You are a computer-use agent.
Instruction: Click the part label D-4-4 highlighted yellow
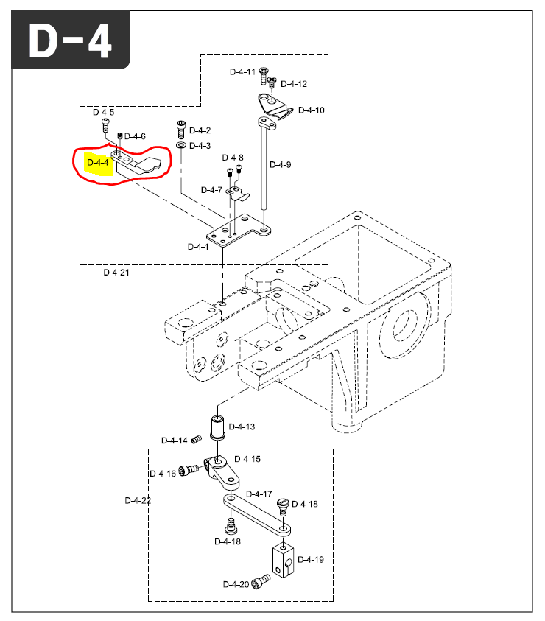(98, 163)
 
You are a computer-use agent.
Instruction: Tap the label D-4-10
(311, 110)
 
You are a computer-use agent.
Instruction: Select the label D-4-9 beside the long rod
(280, 164)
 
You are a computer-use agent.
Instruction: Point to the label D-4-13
(242, 427)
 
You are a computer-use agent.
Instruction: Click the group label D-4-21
(116, 272)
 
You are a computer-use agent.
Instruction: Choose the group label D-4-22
(137, 500)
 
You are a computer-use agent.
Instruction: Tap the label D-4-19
(310, 560)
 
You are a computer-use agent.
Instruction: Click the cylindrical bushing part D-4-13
(219, 427)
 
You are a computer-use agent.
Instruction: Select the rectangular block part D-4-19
(281, 558)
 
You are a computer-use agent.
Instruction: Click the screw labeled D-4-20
(259, 583)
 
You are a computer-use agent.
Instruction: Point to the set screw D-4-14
(196, 441)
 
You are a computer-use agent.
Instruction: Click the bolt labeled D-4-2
(180, 130)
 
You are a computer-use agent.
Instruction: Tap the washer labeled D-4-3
(181, 145)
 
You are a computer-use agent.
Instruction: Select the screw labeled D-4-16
(191, 469)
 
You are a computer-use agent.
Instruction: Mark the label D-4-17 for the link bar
(259, 494)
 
